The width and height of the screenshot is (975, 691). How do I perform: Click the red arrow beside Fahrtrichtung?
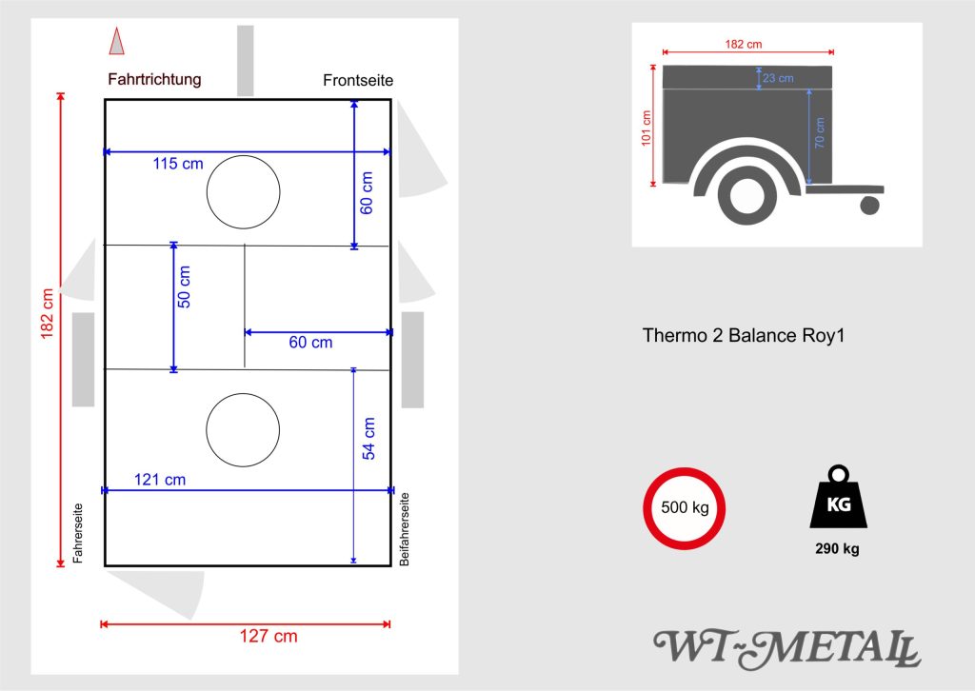coord(117,42)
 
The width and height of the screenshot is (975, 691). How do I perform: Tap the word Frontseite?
coord(358,81)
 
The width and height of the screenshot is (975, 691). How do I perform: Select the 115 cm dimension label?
coord(178,164)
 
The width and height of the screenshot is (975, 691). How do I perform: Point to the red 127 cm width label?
coord(267,637)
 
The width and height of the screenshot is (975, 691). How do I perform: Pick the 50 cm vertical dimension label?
coord(184,286)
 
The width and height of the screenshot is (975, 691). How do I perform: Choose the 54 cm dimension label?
coord(368,439)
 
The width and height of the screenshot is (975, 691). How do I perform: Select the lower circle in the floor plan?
coord(243,431)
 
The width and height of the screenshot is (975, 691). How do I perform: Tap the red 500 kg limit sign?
coord(685,507)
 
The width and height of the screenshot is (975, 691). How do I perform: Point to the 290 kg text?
coord(837,549)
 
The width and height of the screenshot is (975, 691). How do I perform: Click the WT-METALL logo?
coord(786,649)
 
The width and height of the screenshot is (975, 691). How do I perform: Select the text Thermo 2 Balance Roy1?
coord(744,335)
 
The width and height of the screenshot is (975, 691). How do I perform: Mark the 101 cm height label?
coord(647,128)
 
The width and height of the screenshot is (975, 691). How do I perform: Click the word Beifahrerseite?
coord(405,529)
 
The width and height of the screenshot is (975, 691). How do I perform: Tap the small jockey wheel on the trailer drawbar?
coord(868,204)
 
